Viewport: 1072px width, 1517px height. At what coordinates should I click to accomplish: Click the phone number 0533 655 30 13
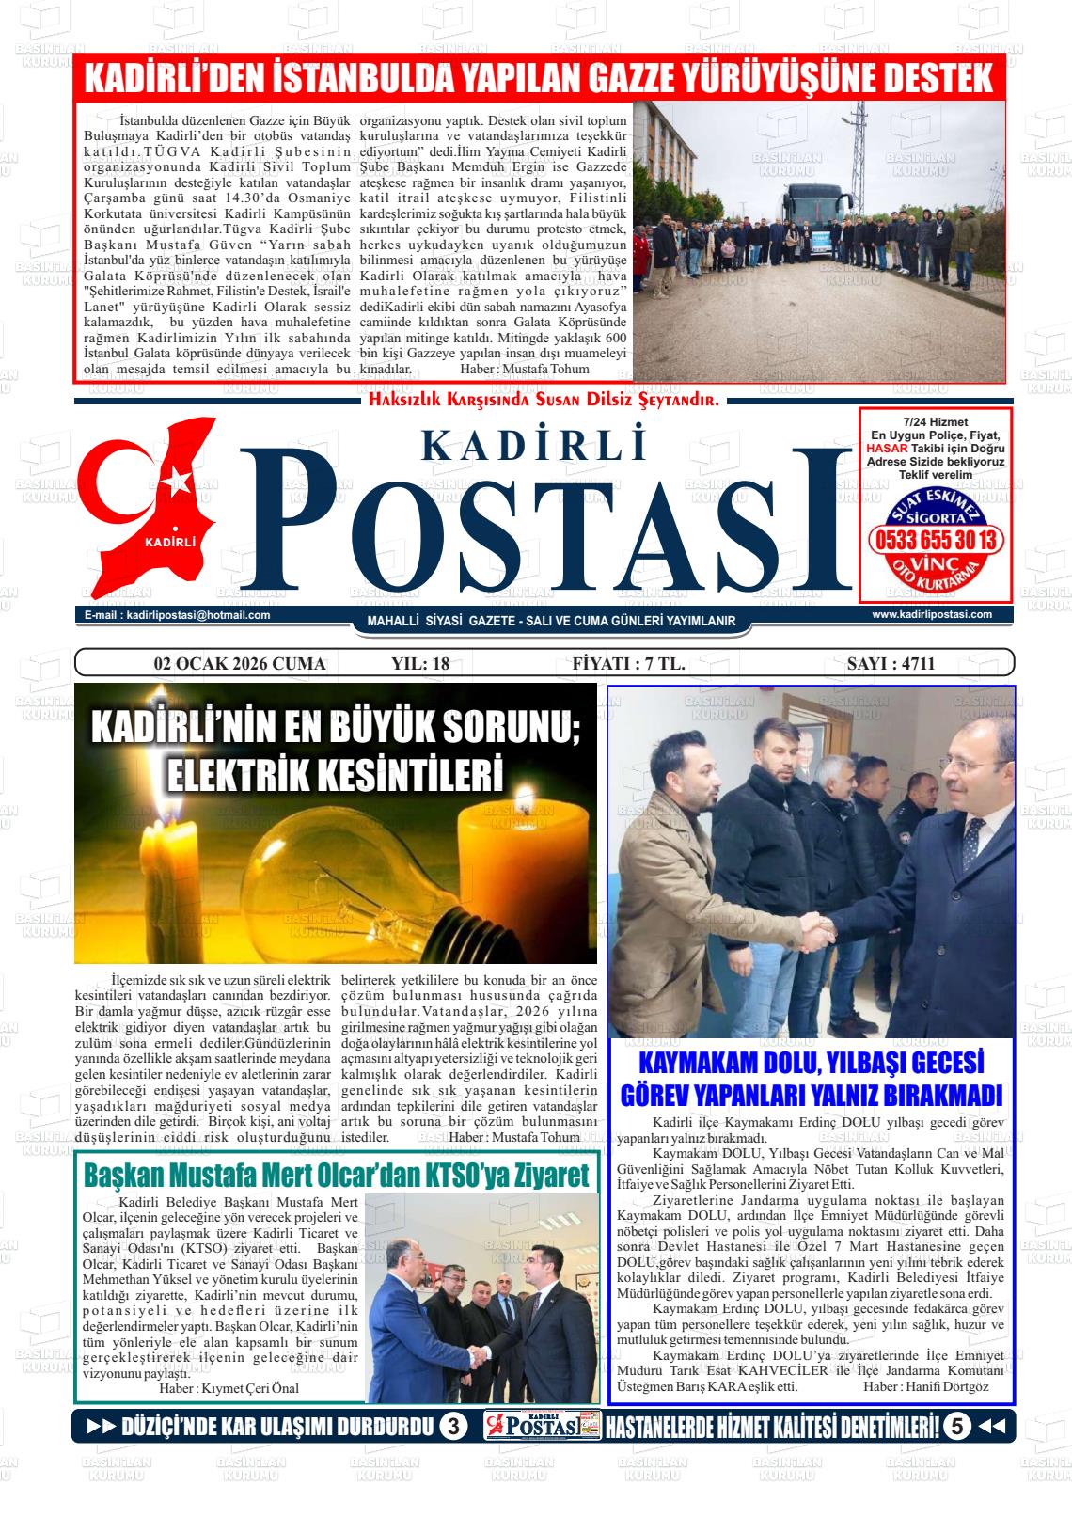pos(936,541)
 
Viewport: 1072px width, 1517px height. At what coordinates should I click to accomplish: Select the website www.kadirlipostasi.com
pos(931,614)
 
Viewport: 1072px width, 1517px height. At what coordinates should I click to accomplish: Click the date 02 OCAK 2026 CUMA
pos(240,664)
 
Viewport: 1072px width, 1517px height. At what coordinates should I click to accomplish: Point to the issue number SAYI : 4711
pos(891,664)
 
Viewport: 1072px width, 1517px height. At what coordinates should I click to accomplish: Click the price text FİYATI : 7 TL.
pos(628,664)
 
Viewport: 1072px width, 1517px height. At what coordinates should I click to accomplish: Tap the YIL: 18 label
pos(420,664)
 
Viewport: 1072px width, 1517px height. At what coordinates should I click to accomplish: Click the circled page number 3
pos(452,1427)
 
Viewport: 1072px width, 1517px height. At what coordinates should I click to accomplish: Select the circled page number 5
pos(956,1427)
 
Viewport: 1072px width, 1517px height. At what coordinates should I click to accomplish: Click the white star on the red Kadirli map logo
pos(176,482)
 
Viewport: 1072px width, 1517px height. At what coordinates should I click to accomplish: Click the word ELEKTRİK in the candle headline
pos(237,774)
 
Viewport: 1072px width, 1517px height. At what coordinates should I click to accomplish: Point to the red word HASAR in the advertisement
pos(887,449)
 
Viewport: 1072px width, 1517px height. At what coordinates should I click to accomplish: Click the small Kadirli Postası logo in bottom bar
pos(543,1427)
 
